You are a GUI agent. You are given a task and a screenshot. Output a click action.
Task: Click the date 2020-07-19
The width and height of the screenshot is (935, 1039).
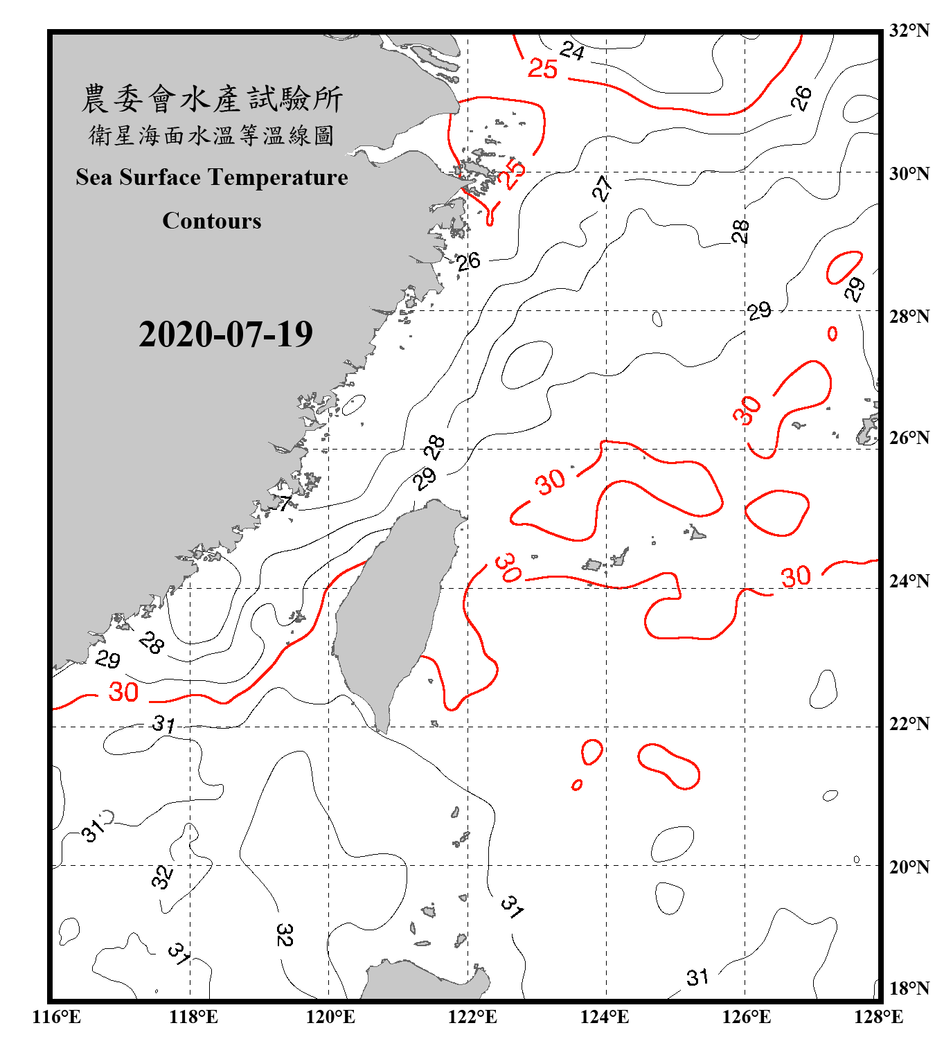tap(225, 335)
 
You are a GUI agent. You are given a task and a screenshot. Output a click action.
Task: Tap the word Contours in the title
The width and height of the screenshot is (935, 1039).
tap(211, 221)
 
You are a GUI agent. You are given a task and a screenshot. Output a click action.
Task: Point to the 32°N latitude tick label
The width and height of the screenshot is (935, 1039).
tap(909, 30)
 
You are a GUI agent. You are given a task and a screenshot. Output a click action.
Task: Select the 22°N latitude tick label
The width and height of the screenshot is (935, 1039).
tap(909, 724)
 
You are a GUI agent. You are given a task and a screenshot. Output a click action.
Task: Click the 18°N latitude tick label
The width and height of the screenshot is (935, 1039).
tap(909, 988)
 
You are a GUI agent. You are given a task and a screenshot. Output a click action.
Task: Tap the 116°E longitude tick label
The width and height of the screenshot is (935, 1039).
tap(57, 1017)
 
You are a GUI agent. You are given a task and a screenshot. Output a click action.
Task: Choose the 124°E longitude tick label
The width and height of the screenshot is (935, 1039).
tap(605, 1017)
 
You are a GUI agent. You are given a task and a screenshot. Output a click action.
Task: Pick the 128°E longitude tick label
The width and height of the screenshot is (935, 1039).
tap(878, 1017)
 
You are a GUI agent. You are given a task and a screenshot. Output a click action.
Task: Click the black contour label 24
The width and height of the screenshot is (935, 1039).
tap(572, 51)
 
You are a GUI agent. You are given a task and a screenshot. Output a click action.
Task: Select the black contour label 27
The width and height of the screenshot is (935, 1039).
tap(602, 188)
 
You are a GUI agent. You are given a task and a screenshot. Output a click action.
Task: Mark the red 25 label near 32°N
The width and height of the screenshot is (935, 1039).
tap(542, 69)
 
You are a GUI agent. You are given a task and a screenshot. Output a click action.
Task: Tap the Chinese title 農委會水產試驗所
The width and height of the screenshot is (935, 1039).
tap(211, 99)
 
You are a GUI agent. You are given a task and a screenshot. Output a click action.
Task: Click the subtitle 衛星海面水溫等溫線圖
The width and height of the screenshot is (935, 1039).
tap(211, 135)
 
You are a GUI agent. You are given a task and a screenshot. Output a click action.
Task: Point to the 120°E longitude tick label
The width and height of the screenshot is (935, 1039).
tap(330, 1017)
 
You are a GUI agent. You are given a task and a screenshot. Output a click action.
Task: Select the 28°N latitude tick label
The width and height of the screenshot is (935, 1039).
tap(909, 317)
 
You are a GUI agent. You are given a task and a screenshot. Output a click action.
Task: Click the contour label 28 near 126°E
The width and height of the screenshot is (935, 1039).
tap(740, 231)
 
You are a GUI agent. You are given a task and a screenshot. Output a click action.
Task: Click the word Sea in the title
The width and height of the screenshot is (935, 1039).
tap(93, 177)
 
